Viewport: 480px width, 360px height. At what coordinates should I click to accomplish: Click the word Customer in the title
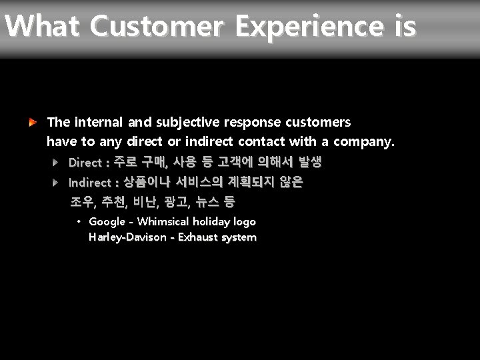point(158,27)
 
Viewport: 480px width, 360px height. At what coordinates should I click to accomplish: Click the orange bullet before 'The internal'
point(32,122)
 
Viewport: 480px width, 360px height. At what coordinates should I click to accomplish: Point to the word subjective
point(188,122)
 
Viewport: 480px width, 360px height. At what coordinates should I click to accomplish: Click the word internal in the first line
point(99,122)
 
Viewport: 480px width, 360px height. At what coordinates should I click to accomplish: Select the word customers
point(318,122)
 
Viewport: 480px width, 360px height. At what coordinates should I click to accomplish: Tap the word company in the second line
point(363,141)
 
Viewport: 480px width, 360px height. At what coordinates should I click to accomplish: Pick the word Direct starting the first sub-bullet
point(85,163)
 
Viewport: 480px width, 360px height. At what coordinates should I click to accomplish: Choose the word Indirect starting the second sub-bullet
point(90,183)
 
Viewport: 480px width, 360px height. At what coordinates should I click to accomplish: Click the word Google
point(107,222)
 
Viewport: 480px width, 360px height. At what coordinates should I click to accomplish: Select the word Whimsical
point(164,221)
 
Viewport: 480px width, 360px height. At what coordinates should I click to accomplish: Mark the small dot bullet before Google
point(79,221)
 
